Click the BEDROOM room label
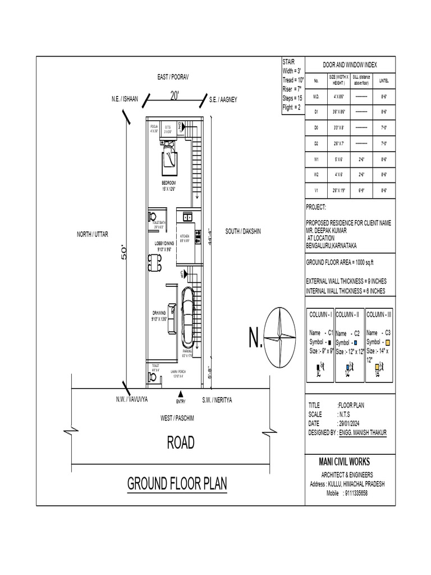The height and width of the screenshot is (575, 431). pos(169,183)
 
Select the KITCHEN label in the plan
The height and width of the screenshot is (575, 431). pos(185,236)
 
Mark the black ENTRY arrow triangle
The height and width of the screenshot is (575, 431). pos(180,394)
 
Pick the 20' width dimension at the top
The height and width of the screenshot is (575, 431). pos(174,96)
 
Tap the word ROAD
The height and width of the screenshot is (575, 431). pos(181,443)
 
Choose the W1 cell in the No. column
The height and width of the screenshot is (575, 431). pos(316,159)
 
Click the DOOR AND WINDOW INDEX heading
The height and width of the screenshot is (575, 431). pos(350,65)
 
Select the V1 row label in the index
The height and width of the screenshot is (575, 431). pos(316,191)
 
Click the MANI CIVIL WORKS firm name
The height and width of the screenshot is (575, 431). pos(344,462)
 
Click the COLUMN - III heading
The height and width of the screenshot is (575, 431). pos(380,314)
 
